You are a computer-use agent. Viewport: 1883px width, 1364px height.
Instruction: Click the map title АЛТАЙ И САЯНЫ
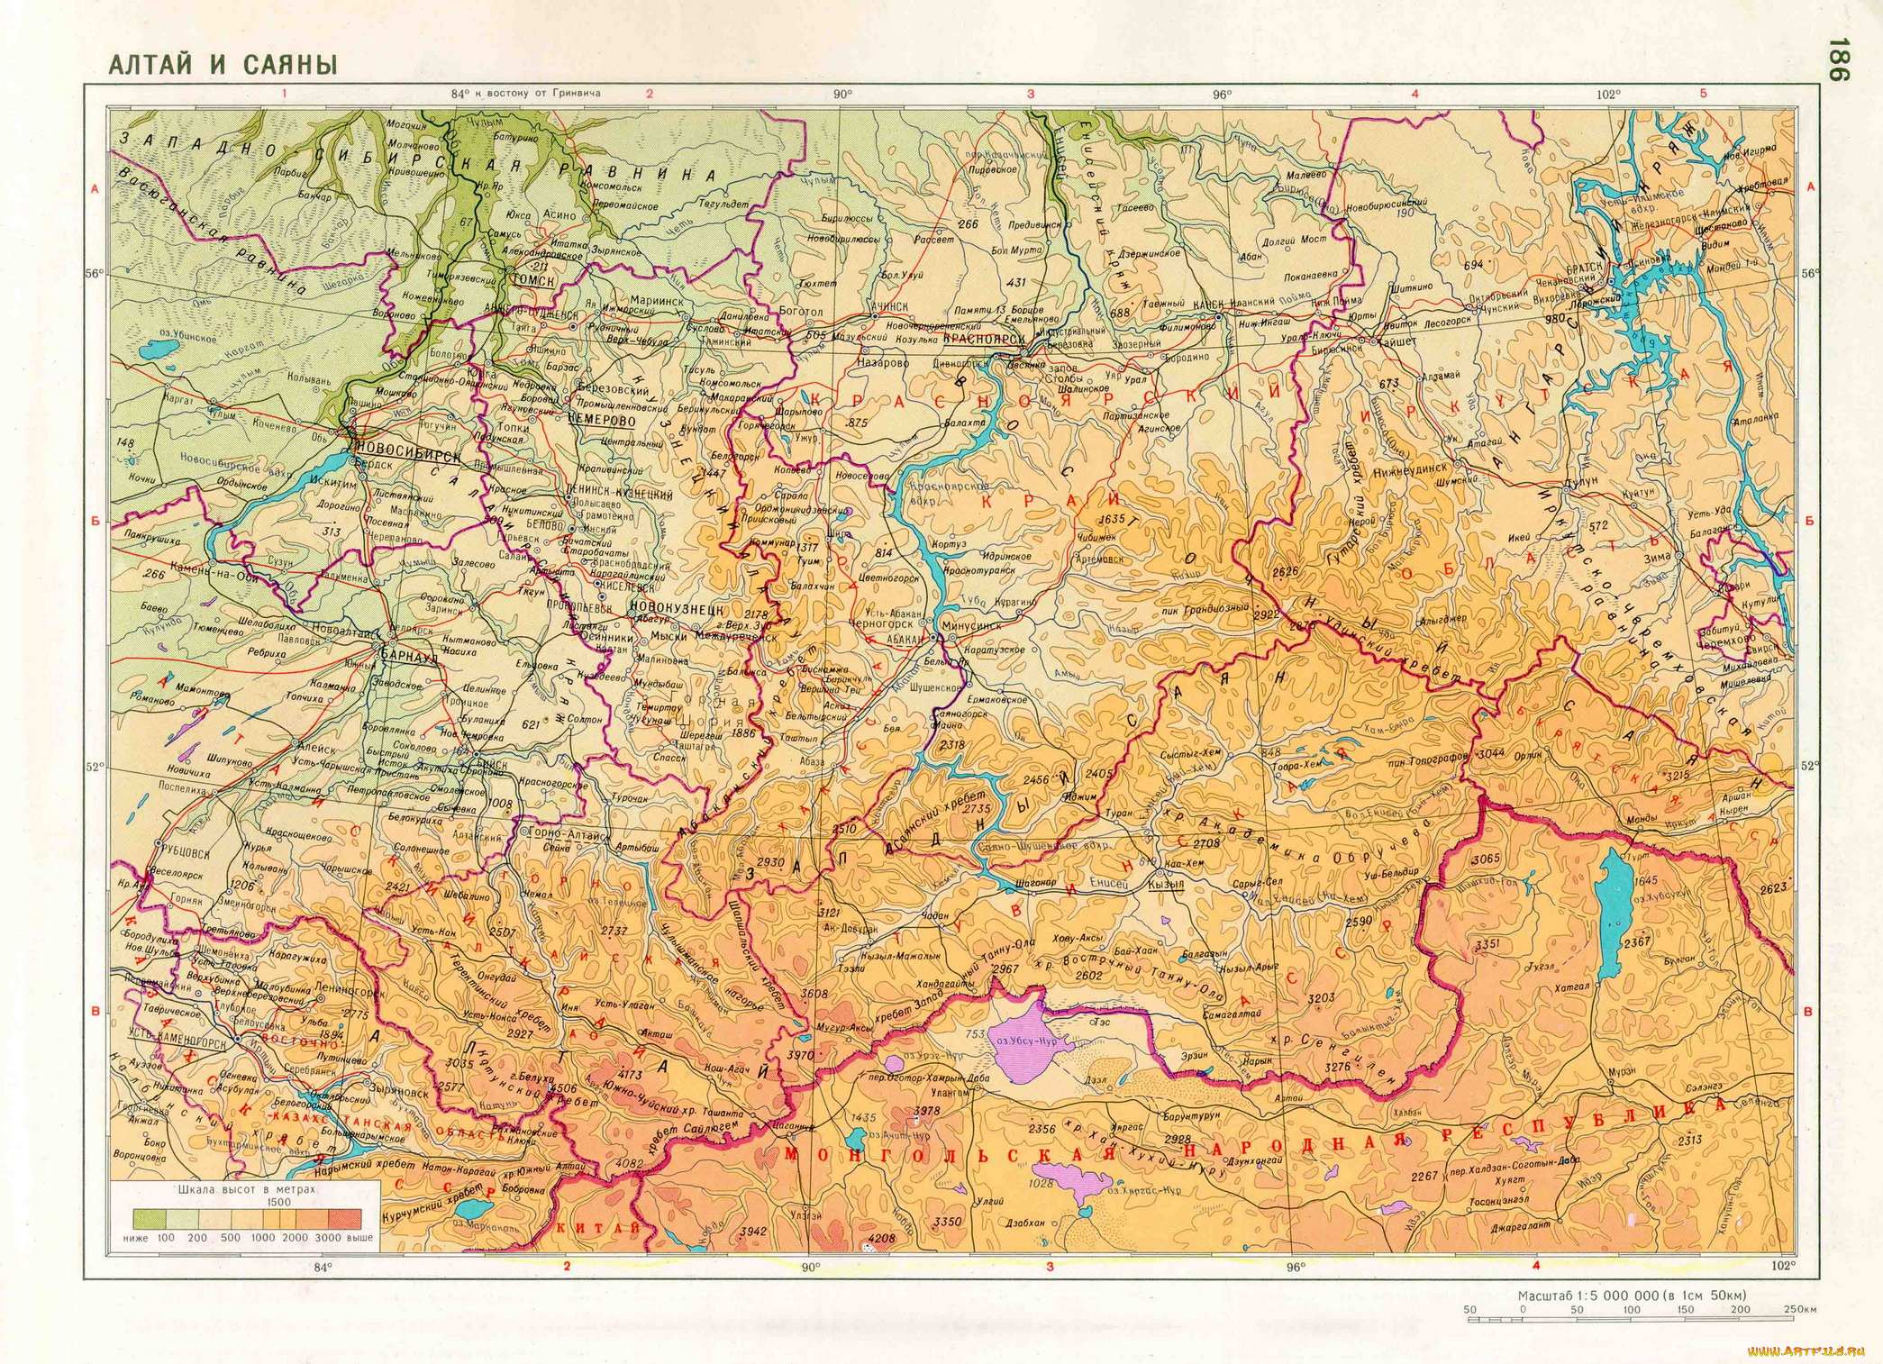tap(223, 65)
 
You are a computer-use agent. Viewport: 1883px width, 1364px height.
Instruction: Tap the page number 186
tap(1837, 60)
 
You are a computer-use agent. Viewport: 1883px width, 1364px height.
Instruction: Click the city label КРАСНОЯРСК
tap(985, 339)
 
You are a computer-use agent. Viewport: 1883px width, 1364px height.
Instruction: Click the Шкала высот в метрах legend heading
tap(246, 1189)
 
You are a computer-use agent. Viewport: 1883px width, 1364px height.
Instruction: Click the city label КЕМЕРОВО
tap(602, 421)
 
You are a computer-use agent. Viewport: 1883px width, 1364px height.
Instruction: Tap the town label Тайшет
tap(1396, 341)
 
